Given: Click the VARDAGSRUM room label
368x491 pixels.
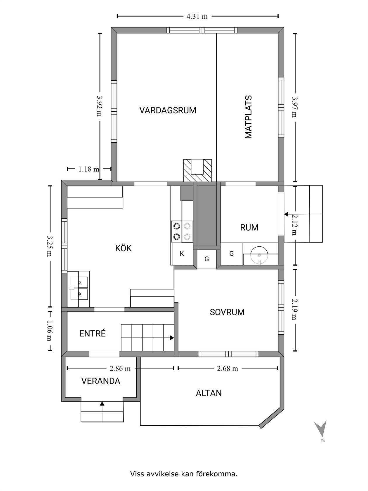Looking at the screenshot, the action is point(168,110).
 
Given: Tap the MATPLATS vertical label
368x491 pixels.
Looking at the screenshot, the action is point(249,117).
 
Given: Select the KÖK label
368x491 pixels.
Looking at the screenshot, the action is point(124,248).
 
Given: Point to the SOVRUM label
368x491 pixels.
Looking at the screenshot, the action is point(227,312).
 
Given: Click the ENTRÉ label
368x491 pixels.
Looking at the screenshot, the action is point(92,333).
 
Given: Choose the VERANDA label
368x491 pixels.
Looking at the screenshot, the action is point(101,381).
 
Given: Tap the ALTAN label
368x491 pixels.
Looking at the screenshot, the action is point(209,393).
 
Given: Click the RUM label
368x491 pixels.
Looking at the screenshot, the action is point(249,227).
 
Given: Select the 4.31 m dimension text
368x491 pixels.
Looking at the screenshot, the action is point(197,16).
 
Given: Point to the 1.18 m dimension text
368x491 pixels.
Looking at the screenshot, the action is point(89,169).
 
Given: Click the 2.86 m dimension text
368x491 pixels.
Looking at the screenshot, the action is point(120,369).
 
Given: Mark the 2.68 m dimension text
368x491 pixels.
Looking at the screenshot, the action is point(228,369).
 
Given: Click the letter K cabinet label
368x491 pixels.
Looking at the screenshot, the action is point(182,254).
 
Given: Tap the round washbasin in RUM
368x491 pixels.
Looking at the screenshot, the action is point(259,255).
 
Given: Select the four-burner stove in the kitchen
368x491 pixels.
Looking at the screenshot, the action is point(182,231).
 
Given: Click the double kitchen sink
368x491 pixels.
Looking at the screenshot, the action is point(79,288).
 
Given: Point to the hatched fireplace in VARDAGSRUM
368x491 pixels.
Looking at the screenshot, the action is point(197,170).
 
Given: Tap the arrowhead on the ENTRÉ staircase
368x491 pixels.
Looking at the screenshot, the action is point(172,338).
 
